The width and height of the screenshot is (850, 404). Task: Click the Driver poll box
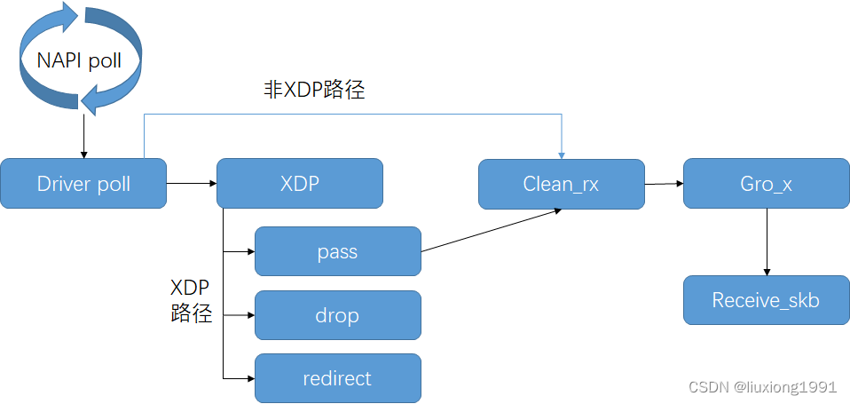(x=83, y=184)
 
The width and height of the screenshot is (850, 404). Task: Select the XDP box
(x=300, y=184)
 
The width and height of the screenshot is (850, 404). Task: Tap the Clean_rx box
(x=561, y=185)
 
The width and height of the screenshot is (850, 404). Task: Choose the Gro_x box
(x=766, y=184)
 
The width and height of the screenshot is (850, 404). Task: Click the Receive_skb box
(x=766, y=300)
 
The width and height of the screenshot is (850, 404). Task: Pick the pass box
(x=337, y=251)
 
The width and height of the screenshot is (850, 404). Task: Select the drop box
(x=337, y=315)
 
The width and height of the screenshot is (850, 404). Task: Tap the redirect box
(x=337, y=378)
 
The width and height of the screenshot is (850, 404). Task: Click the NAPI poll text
(x=79, y=60)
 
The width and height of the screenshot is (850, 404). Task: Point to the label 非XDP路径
(x=314, y=90)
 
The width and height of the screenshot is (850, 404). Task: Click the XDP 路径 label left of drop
(x=191, y=300)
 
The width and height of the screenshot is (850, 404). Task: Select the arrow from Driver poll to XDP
(x=192, y=184)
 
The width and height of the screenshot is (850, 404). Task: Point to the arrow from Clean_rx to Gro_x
(x=664, y=184)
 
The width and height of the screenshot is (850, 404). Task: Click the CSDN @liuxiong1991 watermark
(x=762, y=388)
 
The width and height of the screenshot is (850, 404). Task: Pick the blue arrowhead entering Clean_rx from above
(x=562, y=154)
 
